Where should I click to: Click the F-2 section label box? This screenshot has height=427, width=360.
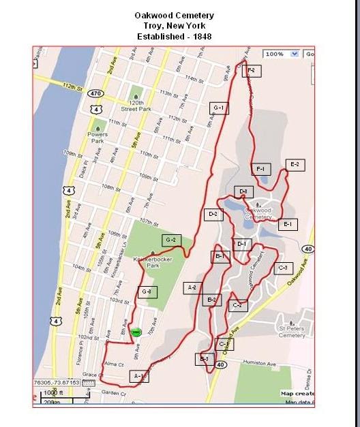[x=251, y=71]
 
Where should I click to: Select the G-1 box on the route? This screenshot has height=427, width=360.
[x=219, y=108]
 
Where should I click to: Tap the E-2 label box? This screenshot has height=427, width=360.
[x=295, y=165]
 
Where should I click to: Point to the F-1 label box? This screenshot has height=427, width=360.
[x=261, y=169]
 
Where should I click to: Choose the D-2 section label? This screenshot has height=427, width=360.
[x=213, y=215]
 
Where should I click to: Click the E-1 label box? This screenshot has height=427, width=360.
[x=287, y=224]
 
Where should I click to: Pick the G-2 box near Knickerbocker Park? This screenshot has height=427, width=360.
[x=171, y=240]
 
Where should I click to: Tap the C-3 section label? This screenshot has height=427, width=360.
[x=283, y=268]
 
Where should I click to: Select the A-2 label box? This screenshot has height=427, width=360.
[x=192, y=288]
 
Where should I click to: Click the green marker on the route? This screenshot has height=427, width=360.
[x=136, y=332]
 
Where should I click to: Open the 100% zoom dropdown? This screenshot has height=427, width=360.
[x=282, y=54]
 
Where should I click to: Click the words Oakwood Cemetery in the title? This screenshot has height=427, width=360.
[x=175, y=15]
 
